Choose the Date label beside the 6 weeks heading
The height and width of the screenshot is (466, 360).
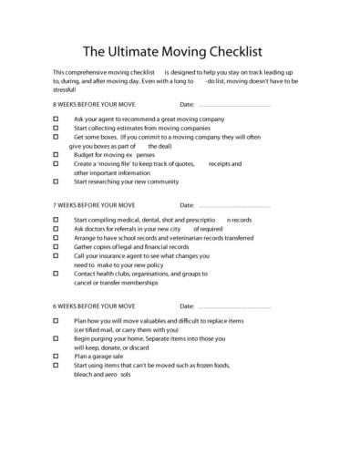point(189,306)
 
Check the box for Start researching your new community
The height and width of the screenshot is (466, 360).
point(57,181)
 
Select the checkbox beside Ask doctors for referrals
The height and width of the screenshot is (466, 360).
point(57,229)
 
